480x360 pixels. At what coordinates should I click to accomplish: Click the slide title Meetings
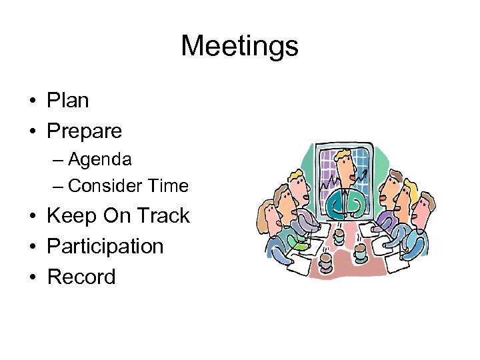click(x=239, y=47)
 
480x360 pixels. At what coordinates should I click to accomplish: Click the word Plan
click(x=67, y=101)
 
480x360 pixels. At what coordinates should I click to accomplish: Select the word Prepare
click(x=84, y=131)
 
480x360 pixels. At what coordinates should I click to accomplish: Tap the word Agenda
click(x=99, y=160)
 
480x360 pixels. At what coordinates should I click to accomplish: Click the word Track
click(x=163, y=216)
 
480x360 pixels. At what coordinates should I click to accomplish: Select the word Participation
click(x=105, y=246)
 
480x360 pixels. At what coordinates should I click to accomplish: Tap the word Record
click(x=81, y=276)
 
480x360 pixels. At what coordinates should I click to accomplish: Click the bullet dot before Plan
click(x=32, y=102)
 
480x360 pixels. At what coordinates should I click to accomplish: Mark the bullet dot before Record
click(x=32, y=277)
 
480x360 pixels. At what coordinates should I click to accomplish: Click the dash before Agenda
click(x=59, y=161)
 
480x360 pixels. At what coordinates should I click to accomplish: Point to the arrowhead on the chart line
click(x=365, y=173)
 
